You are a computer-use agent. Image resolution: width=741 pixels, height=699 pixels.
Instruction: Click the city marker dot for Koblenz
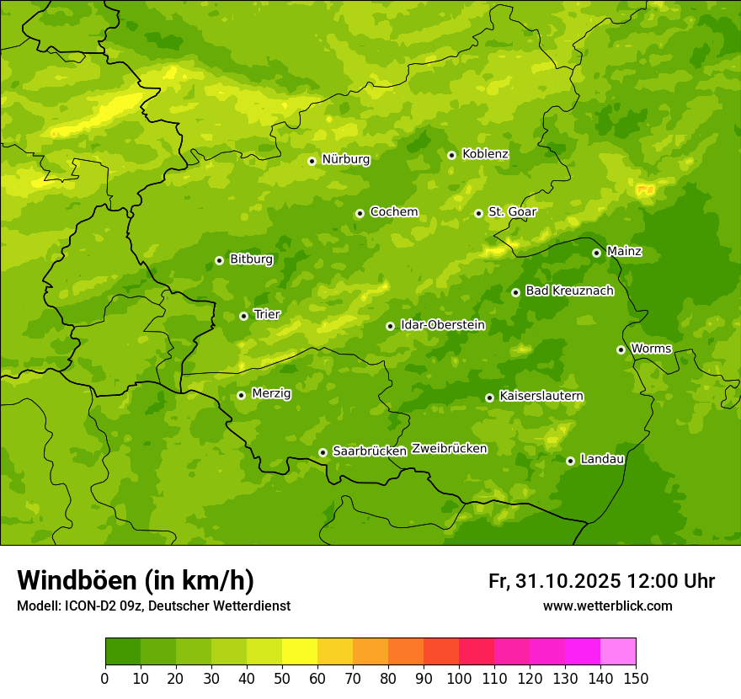(x=451, y=155)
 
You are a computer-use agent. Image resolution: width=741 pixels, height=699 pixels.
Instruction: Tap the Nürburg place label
(x=345, y=159)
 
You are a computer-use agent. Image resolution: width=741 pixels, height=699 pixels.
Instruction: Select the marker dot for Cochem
(x=360, y=213)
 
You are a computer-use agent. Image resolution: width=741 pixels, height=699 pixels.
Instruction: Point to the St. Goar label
(x=512, y=212)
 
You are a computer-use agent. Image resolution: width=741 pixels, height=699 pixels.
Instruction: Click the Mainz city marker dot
(x=596, y=253)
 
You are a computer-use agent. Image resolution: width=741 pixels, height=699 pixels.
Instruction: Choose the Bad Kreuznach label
(x=569, y=291)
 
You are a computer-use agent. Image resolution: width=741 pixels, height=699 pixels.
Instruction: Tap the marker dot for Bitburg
(x=219, y=260)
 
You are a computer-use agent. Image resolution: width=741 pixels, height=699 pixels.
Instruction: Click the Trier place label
(x=267, y=315)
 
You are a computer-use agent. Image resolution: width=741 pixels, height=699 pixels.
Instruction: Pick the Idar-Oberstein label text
(x=443, y=325)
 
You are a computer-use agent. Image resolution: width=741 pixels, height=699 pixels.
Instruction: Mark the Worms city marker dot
(x=621, y=349)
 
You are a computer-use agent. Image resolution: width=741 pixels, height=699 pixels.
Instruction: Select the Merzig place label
(x=271, y=393)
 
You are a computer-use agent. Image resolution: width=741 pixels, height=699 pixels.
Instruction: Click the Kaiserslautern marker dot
(x=489, y=398)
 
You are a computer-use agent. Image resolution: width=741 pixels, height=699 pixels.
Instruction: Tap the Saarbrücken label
(x=370, y=451)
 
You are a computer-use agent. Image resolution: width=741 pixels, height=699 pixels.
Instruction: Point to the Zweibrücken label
(x=449, y=449)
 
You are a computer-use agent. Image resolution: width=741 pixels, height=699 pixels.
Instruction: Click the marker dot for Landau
(x=570, y=461)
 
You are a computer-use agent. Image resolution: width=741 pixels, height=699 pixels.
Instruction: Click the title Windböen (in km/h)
(x=136, y=580)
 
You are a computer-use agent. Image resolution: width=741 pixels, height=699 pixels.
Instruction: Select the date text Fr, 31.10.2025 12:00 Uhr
(x=601, y=581)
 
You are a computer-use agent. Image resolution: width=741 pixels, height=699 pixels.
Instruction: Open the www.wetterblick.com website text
(x=607, y=606)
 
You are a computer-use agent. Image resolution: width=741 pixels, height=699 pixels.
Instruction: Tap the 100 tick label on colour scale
(x=459, y=678)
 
